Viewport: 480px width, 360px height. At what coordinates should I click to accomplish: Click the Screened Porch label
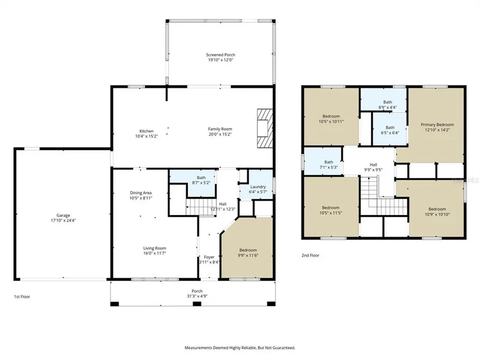221,55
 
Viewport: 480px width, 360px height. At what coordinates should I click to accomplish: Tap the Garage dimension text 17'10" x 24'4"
63,220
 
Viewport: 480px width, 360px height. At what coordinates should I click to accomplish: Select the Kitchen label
146,131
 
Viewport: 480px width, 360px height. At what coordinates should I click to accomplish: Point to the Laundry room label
258,187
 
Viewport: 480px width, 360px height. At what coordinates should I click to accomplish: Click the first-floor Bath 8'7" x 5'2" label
201,180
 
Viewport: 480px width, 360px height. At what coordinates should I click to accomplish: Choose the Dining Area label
141,193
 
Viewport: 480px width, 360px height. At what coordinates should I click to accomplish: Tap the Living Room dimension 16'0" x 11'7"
155,254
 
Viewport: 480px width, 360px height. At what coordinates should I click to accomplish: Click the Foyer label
209,257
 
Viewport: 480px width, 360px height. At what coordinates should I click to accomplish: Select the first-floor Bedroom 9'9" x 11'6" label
248,252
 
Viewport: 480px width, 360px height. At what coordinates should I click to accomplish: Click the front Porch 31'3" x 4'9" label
197,294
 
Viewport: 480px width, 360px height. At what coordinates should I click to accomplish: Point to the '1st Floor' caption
22,297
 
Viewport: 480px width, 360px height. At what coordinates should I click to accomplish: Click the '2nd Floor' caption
311,255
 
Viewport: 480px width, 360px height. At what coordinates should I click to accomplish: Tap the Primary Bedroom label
437,124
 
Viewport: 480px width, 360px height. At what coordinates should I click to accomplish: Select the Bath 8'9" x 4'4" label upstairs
387,105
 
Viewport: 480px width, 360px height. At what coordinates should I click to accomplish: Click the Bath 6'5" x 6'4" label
390,130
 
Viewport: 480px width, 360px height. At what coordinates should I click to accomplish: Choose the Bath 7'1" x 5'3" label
329,165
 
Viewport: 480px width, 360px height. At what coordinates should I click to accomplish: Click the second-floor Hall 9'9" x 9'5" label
373,167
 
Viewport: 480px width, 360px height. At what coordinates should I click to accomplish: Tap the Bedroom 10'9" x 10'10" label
437,212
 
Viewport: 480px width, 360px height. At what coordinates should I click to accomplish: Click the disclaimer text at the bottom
240,348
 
